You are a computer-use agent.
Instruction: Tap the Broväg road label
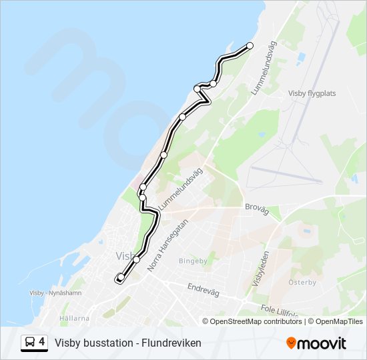click(x=257, y=209)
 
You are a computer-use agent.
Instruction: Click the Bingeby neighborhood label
click(x=194, y=261)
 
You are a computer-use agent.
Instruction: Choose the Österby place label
click(x=302, y=282)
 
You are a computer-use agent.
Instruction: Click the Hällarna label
click(x=74, y=318)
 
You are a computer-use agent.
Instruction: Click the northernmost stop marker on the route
click(x=250, y=45)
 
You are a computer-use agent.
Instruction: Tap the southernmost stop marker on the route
click(x=121, y=277)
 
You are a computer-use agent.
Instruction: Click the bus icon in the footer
click(x=30, y=343)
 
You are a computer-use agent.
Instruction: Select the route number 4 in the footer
click(x=42, y=343)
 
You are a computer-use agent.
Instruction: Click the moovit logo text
click(x=323, y=343)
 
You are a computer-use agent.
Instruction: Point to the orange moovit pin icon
click(x=291, y=343)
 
